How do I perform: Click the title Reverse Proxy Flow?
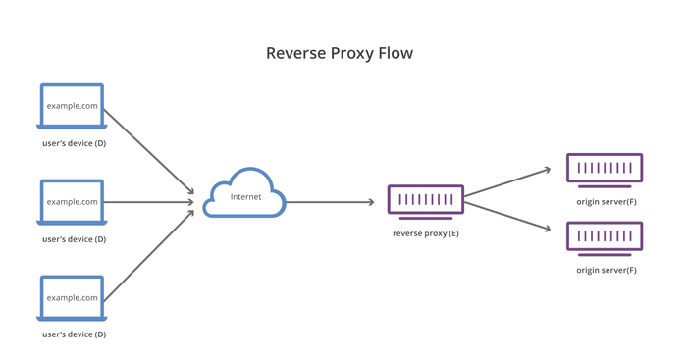[x=340, y=53]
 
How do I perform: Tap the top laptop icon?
[x=72, y=106]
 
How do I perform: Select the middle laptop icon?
[x=72, y=202]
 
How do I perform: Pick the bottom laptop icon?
[x=72, y=297]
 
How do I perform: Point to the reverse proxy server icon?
[x=425, y=201]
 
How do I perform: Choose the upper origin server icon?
[x=606, y=169]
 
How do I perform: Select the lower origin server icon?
[x=606, y=237]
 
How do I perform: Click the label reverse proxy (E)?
[x=425, y=232]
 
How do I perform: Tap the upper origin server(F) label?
[x=606, y=201]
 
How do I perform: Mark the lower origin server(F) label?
[x=606, y=270]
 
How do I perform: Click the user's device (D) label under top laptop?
[x=74, y=143]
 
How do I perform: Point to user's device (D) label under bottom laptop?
[x=74, y=334]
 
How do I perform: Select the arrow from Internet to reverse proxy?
[x=330, y=202]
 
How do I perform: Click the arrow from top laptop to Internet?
[x=147, y=150]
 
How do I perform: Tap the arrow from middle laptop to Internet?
[x=147, y=202]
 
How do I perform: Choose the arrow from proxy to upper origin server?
[x=507, y=181]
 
